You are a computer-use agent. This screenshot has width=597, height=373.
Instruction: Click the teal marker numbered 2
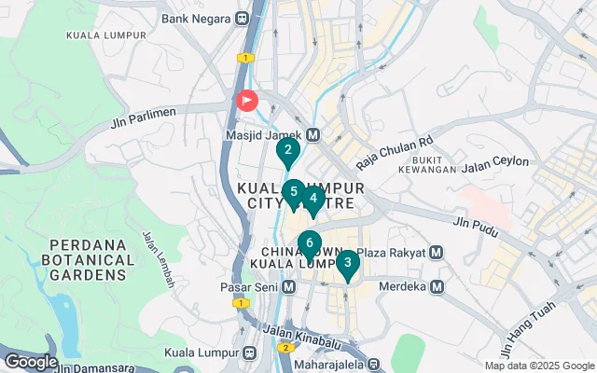pyautogui.click(x=288, y=150)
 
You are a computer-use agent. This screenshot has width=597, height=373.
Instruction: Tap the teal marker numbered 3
pyautogui.click(x=347, y=264)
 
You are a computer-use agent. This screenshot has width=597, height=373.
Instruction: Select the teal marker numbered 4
pyautogui.click(x=313, y=199)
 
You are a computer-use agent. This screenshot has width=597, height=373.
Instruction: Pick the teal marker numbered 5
pyautogui.click(x=293, y=193)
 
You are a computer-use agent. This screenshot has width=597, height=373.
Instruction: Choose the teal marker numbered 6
pyautogui.click(x=310, y=245)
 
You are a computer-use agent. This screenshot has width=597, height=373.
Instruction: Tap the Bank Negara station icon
pyautogui.click(x=243, y=18)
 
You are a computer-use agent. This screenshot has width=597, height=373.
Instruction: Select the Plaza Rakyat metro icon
pyautogui.click(x=435, y=253)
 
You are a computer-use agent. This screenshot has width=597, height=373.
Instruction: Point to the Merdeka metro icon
pyautogui.click(x=435, y=286)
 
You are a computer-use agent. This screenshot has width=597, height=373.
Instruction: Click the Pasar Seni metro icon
pyautogui.click(x=289, y=286)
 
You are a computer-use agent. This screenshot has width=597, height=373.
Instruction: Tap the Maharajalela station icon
pyautogui.click(x=374, y=364)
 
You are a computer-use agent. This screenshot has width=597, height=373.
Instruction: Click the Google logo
pyautogui.click(x=31, y=361)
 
